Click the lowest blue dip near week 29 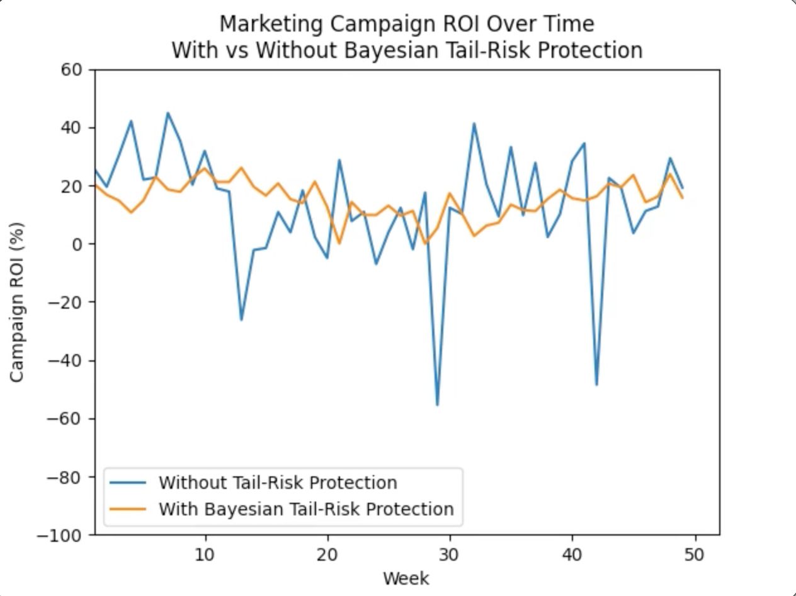click(437, 404)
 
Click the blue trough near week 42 click(596, 384)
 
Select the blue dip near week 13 click(241, 319)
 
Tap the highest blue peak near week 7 click(168, 113)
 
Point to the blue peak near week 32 click(474, 124)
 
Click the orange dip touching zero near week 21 click(339, 243)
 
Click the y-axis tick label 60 click(72, 70)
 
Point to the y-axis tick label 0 click(77, 244)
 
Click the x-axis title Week click(406, 578)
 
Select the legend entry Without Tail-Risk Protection click(278, 483)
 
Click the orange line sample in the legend click(128, 509)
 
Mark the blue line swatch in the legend click(128, 483)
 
